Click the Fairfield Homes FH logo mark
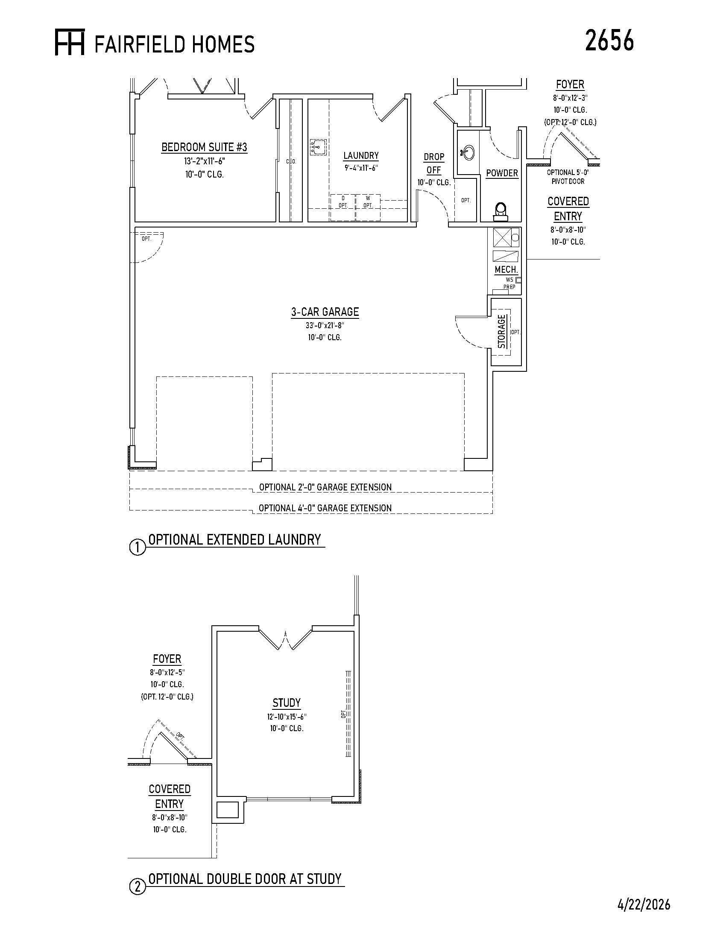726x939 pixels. tap(70, 42)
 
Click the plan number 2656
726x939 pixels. tap(609, 41)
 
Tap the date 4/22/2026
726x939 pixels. tap(644, 904)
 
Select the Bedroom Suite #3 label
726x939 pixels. tap(204, 147)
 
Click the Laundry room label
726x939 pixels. tap(361, 155)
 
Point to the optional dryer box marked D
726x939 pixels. tap(343, 208)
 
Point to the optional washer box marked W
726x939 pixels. tap(368, 208)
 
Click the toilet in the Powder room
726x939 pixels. tap(501, 211)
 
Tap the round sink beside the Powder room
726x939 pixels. tap(468, 152)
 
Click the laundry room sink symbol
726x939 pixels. tap(318, 147)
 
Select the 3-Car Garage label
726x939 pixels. tap(325, 312)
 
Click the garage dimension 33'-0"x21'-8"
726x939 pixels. tap(325, 326)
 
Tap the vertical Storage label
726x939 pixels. tap(502, 332)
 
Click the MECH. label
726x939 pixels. tap(506, 270)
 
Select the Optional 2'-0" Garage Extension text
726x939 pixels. tap(325, 487)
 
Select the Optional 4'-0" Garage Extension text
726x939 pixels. tap(325, 508)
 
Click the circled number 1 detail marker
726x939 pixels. tap(138, 548)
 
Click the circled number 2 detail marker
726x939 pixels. tap(138, 887)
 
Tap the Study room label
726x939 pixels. tap(287, 703)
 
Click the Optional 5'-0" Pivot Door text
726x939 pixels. tap(568, 177)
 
